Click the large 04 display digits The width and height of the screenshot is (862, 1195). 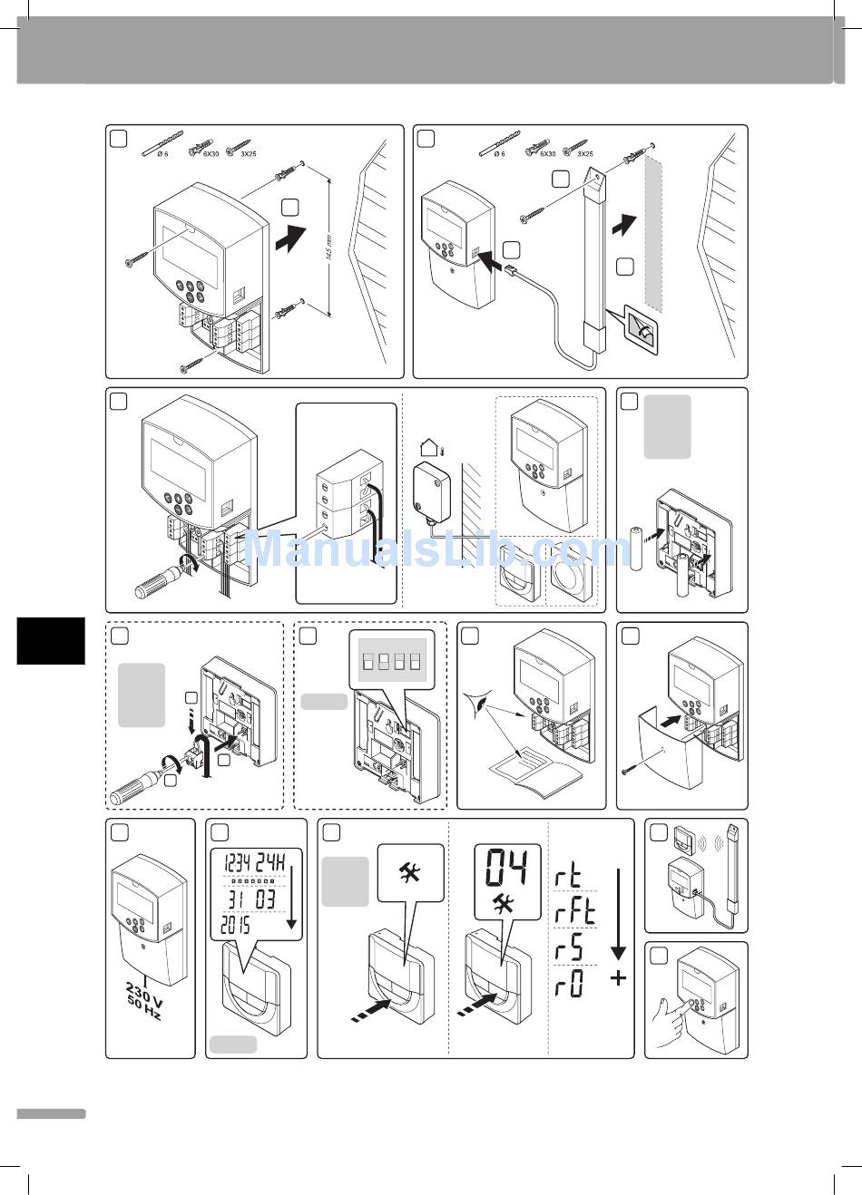click(507, 869)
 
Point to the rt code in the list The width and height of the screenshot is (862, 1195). click(569, 877)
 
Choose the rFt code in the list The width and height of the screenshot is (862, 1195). click(574, 911)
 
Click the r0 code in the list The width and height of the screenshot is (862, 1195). click(570, 983)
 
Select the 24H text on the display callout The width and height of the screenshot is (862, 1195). click(270, 861)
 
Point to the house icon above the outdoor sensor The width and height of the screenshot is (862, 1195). click(429, 447)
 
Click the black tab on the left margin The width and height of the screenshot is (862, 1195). click(51, 641)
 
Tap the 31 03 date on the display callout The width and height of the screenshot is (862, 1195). click(250, 898)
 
